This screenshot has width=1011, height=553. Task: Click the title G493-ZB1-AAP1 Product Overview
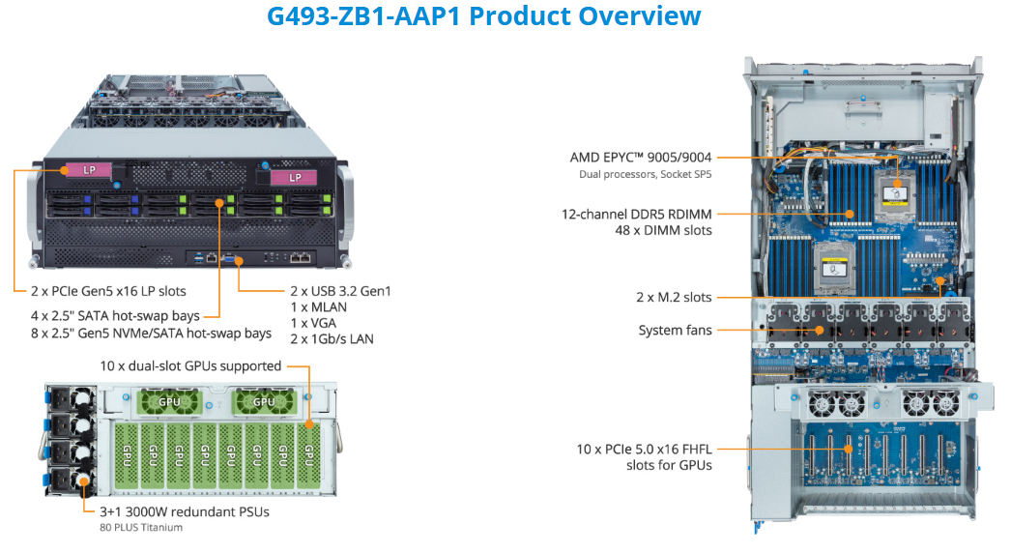pyautogui.click(x=483, y=15)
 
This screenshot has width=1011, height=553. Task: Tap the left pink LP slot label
pyautogui.click(x=89, y=170)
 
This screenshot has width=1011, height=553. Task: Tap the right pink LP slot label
pyautogui.click(x=294, y=178)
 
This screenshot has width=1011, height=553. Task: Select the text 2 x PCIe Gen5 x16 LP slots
pyautogui.click(x=108, y=291)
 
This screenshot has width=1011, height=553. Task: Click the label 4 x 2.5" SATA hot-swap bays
pyautogui.click(x=115, y=316)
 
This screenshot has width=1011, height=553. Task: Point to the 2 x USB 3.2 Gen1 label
pyautogui.click(x=340, y=291)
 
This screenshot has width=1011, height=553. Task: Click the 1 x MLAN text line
pyautogui.click(x=319, y=307)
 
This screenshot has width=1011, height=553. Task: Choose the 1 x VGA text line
pyautogui.click(x=313, y=323)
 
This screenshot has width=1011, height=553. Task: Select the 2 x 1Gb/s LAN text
pyautogui.click(x=332, y=338)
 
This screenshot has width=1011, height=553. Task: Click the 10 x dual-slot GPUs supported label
pyautogui.click(x=190, y=365)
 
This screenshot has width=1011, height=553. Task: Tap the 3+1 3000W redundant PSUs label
pyautogui.click(x=185, y=511)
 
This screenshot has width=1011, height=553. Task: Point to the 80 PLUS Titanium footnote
pyautogui.click(x=141, y=527)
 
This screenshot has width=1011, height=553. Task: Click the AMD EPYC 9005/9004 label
pyautogui.click(x=641, y=158)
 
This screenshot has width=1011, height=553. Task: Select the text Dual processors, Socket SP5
pyautogui.click(x=646, y=174)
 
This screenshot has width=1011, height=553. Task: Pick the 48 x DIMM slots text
pyautogui.click(x=663, y=230)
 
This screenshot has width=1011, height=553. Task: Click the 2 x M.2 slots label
pyautogui.click(x=674, y=298)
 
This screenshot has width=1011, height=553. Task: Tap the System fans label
pyautogui.click(x=675, y=331)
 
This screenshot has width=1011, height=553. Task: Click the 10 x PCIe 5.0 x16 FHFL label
pyautogui.click(x=644, y=450)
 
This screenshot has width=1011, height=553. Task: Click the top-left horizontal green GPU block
pyautogui.click(x=169, y=402)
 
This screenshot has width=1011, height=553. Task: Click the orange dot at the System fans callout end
pyautogui.click(x=819, y=331)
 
